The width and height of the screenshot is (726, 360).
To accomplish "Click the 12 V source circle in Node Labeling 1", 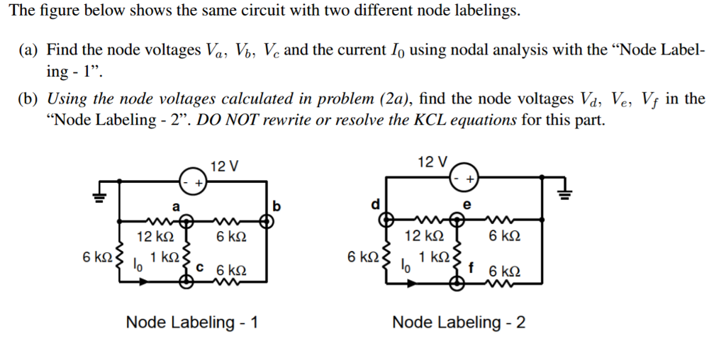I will click(x=191, y=182).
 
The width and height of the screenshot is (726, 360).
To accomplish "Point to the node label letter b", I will click(x=277, y=206).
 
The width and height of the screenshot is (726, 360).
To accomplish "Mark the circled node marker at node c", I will click(x=186, y=283).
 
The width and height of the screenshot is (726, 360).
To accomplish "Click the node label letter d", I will click(x=375, y=205).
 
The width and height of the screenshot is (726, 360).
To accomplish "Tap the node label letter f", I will click(x=470, y=268).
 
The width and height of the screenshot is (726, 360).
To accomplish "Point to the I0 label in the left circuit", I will click(x=138, y=265).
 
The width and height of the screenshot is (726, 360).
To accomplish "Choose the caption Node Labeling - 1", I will click(x=191, y=323).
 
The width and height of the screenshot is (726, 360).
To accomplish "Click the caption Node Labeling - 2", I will click(x=459, y=323).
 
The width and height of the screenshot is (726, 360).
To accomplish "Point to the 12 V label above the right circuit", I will click(x=432, y=162).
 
